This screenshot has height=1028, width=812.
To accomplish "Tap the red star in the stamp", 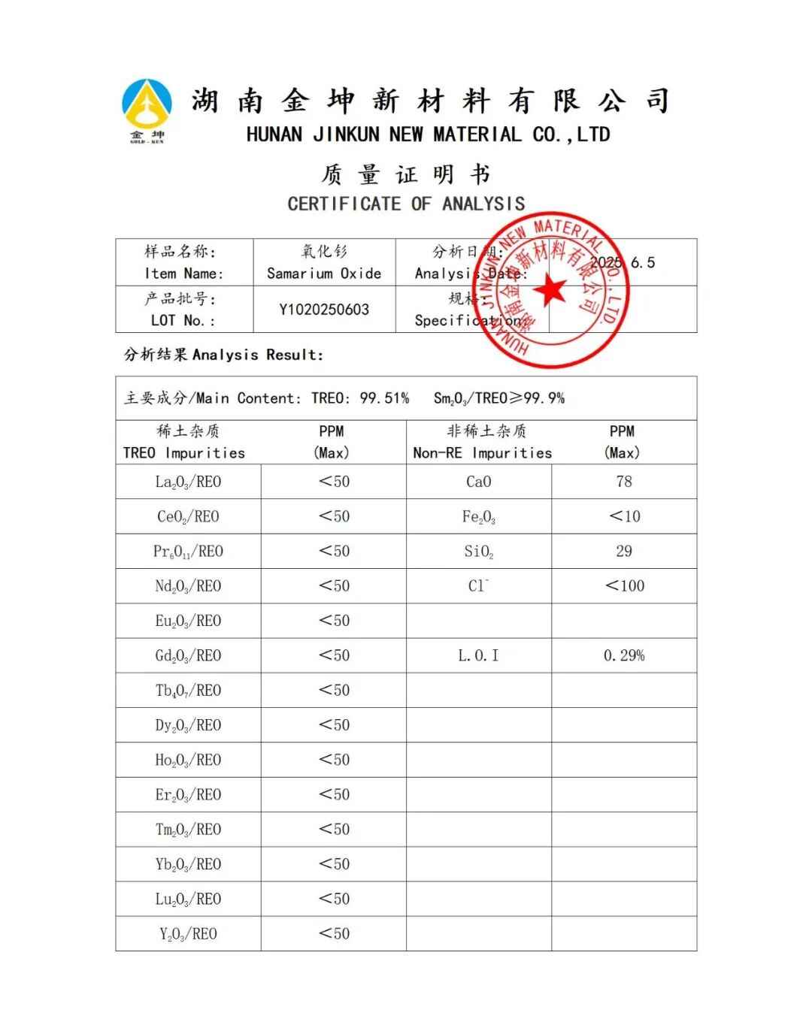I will tap(553, 290).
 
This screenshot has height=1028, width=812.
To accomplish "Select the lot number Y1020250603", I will tap(324, 310).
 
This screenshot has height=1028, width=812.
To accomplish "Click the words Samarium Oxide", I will tap(324, 274).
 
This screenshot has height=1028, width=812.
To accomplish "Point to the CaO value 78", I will tap(624, 482).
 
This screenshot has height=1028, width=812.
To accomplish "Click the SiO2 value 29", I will tap(624, 551).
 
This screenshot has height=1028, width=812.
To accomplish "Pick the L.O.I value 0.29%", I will tap(624, 655).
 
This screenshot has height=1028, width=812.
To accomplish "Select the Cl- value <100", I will tap(624, 585).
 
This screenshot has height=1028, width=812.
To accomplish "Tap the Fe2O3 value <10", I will tap(624, 516).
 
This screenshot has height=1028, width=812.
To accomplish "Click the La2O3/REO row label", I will tap(188, 482).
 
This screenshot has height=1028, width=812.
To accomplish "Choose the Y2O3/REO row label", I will tap(188, 934).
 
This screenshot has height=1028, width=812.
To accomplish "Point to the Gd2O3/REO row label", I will tap(188, 655).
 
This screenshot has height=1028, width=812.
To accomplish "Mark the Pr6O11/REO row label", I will tap(188, 552).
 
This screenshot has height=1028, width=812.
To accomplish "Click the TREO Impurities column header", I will tap(184, 452).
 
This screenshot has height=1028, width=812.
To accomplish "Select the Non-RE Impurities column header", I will tap(482, 452).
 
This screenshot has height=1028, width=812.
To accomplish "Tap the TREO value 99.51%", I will tap(384, 398).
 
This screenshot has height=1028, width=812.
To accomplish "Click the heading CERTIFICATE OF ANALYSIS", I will tap(406, 204).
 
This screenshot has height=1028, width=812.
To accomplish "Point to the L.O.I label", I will tap(478, 655).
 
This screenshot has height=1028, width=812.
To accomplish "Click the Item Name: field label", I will tap(183, 274).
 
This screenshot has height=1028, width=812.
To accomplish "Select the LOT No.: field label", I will tap(183, 320).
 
